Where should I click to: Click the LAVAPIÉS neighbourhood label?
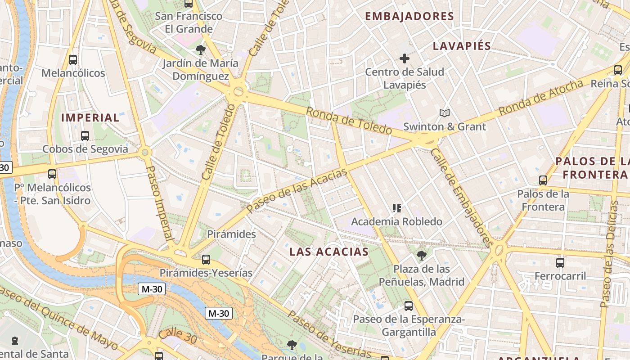click(462, 46)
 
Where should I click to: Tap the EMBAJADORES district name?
click(409, 17)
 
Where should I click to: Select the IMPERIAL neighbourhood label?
click(90, 118)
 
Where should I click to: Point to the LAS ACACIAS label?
click(329, 252)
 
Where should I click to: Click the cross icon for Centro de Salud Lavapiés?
click(404, 58)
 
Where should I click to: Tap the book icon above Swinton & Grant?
click(444, 113)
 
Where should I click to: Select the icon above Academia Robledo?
click(396, 208)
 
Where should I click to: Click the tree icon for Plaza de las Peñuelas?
click(421, 256)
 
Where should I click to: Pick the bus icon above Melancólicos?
click(72, 59)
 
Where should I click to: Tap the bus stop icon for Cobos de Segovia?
click(85, 135)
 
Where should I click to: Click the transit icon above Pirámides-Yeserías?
click(206, 259)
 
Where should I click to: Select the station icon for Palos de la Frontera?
click(543, 180)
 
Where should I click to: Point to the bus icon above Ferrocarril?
click(560, 262)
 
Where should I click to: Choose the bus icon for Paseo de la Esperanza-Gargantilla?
click(408, 306)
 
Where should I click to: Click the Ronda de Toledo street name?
click(349, 121)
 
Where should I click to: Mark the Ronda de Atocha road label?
click(540, 96)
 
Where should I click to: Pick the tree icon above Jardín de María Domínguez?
click(200, 49)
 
